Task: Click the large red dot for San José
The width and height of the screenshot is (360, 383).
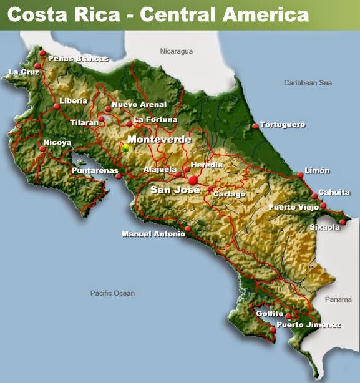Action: [x=193, y=180]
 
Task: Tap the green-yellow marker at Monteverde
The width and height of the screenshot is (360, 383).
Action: [x=125, y=148]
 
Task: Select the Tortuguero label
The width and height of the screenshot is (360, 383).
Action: [x=283, y=125]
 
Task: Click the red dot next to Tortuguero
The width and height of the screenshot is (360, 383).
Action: [x=255, y=126]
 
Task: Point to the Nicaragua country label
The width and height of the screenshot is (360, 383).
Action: [x=177, y=51]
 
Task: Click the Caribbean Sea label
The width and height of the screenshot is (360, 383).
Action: [x=308, y=83]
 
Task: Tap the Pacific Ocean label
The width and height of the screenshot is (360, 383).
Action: [x=112, y=293]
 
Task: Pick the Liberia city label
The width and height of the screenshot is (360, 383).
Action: [x=74, y=100]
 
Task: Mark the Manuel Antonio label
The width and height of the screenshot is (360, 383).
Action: [x=153, y=235]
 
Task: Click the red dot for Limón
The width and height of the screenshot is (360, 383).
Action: [x=300, y=175]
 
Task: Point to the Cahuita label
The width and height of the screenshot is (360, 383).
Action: [x=334, y=192]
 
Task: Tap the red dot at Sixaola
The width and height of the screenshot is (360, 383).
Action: [x=343, y=221]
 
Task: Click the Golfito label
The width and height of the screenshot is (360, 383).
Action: [x=270, y=314]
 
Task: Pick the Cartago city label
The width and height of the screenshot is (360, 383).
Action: [x=230, y=194]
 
